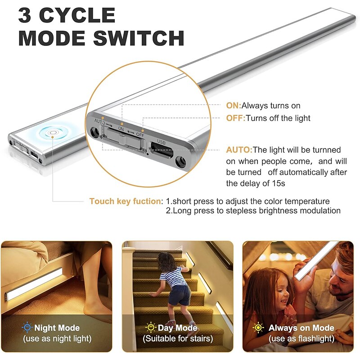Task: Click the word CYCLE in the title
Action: [x=77, y=15]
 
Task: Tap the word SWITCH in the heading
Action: [x=139, y=38]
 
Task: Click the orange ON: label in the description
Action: [x=234, y=106]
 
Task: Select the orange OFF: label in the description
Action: [x=235, y=118]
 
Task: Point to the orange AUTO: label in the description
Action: [x=239, y=150]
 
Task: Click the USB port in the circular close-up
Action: [x=162, y=150]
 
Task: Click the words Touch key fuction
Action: [x=126, y=201]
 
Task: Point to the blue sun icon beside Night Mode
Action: [x=27, y=327]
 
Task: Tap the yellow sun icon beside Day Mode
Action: [x=151, y=327]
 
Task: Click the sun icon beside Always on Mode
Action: [x=258, y=327]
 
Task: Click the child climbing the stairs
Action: [x=175, y=287]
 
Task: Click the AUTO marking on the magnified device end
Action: [x=99, y=121]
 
